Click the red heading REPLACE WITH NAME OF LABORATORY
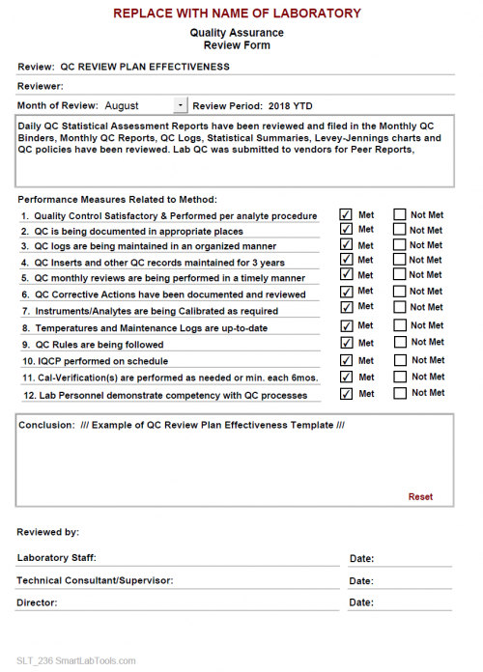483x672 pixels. pyautogui.click(x=237, y=14)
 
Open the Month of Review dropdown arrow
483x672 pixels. pyautogui.click(x=181, y=105)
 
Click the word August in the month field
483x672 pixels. pyautogui.click(x=122, y=105)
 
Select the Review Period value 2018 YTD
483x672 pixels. pyautogui.click(x=290, y=105)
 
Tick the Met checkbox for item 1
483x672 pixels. pyautogui.click(x=346, y=214)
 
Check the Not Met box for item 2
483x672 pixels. pyautogui.click(x=399, y=230)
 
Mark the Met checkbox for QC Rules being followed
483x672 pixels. pyautogui.click(x=346, y=343)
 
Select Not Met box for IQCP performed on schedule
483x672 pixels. pyautogui.click(x=399, y=360)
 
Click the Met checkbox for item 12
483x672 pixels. pyautogui.click(x=346, y=394)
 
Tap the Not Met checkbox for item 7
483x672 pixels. pyautogui.click(x=399, y=307)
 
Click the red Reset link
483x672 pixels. pyautogui.click(x=420, y=497)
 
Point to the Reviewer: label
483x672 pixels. pyautogui.click(x=41, y=87)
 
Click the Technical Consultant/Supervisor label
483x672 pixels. pyautogui.click(x=95, y=580)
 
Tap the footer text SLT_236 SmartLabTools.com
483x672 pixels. pyautogui.click(x=76, y=660)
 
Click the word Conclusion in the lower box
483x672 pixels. pyautogui.click(x=44, y=426)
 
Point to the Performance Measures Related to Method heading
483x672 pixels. pyautogui.click(x=118, y=199)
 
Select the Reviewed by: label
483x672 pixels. pyautogui.click(x=48, y=532)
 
